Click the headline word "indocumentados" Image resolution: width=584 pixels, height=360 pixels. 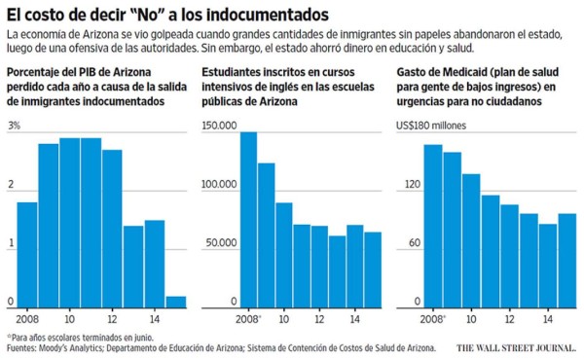pos(262,15)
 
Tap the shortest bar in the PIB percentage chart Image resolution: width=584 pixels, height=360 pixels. pos(176,301)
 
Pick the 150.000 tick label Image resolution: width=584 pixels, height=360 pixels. pos(220,126)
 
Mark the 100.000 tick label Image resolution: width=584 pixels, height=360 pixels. pos(220,184)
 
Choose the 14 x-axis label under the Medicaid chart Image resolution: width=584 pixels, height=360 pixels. pos(549,318)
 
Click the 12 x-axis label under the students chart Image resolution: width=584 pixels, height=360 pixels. pos(318,318)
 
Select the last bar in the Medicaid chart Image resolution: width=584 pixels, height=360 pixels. pos(566,260)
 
